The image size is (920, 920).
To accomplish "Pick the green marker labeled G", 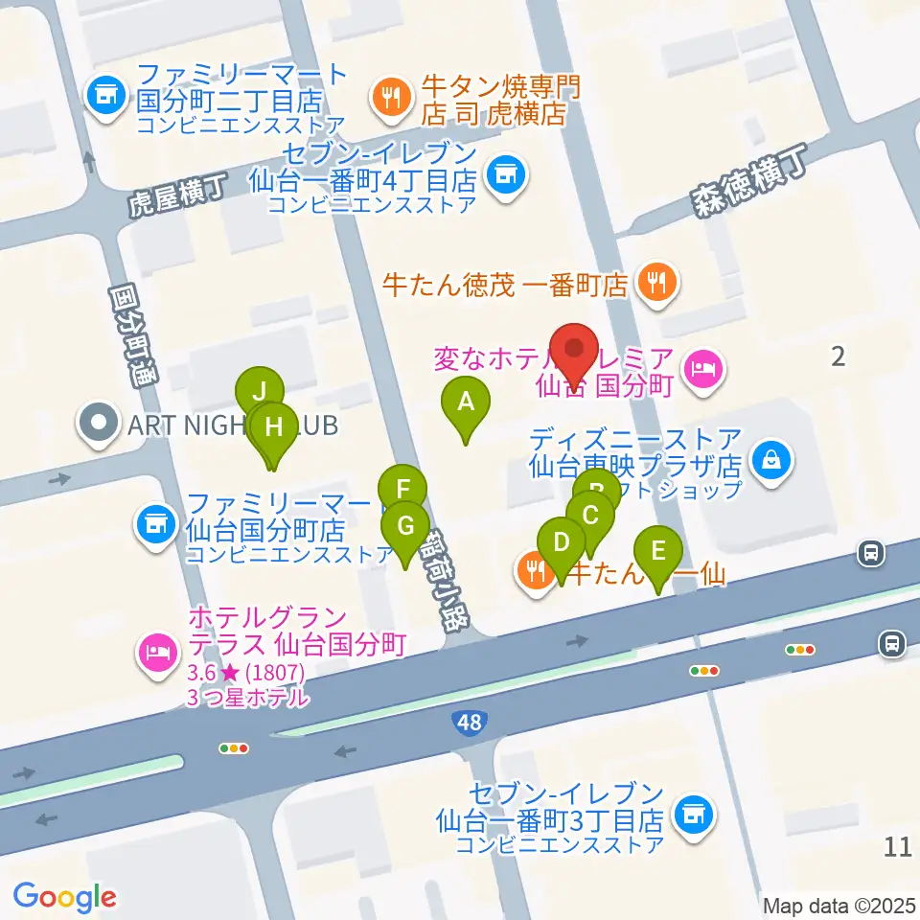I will point(405,527).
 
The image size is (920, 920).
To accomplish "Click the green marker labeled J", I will point(260,393).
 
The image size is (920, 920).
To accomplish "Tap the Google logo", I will point(64,897).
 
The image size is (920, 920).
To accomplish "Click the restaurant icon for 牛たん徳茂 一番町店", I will point(657,282).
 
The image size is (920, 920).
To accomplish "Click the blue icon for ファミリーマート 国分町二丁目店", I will point(103,94).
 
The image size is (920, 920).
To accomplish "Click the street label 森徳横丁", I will point(747,182).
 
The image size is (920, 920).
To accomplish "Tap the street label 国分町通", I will point(133,336).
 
